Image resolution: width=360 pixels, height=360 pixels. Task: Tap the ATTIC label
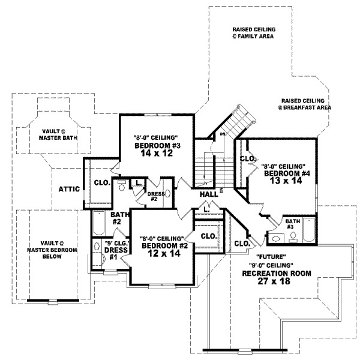pyautogui.click(x=70, y=188)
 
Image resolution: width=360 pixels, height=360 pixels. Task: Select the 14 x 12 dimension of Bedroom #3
pyautogui.click(x=157, y=154)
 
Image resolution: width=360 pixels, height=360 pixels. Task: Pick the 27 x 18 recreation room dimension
pyautogui.click(x=268, y=280)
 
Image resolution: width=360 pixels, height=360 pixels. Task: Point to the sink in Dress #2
pyautogui.click(x=167, y=194)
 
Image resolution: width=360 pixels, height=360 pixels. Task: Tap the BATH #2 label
pyautogui.click(x=121, y=218)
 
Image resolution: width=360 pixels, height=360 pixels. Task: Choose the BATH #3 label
pyautogui.click(x=293, y=223)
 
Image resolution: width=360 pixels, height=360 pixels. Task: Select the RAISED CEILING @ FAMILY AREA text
pyautogui.click(x=251, y=33)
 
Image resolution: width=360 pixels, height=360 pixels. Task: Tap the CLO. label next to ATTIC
pyautogui.click(x=101, y=182)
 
